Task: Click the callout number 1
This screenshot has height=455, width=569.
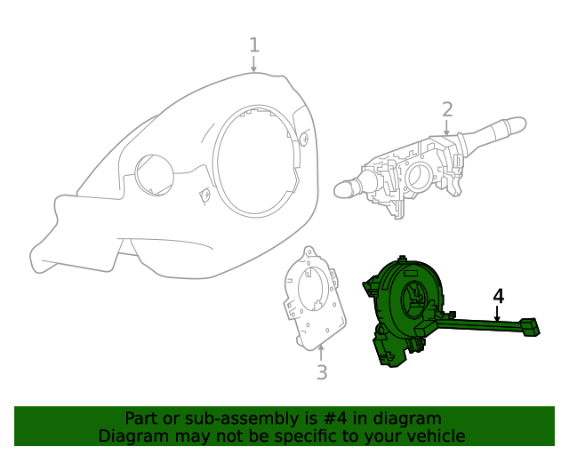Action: pyautogui.click(x=254, y=44)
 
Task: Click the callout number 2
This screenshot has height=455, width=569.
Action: pyautogui.click(x=447, y=109)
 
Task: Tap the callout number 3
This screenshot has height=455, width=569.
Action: pyautogui.click(x=322, y=372)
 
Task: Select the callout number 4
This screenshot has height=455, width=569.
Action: pyautogui.click(x=499, y=296)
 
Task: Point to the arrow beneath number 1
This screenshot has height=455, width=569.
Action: pyautogui.click(x=254, y=64)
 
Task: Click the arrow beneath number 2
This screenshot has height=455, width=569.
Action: pyautogui.click(x=447, y=128)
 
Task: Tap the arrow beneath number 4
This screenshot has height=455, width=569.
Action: pyautogui.click(x=498, y=314)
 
